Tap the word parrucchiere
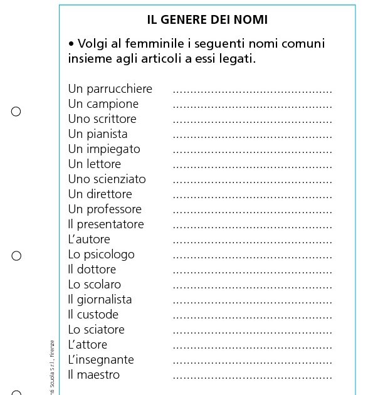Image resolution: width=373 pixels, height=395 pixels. click(119, 89)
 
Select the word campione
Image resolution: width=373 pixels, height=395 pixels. click(112, 104)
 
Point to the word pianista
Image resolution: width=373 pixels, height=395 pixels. click(107, 134)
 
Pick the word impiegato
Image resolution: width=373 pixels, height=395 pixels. click(113, 149)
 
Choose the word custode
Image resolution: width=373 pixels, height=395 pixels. click(98, 315)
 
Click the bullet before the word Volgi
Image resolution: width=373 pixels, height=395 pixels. click(71, 45)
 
